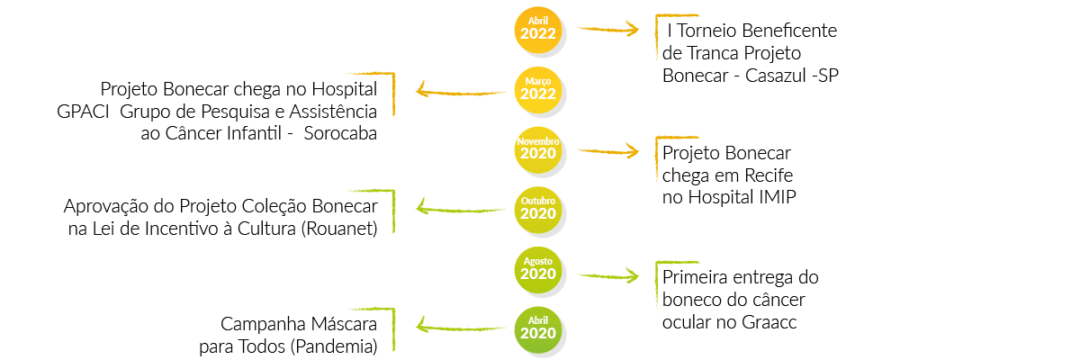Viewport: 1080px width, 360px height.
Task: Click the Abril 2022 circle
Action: click(537, 30)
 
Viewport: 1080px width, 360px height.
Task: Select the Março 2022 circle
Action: click(537, 90)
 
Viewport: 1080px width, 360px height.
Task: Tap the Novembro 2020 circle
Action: click(537, 150)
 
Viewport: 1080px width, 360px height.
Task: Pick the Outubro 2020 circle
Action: click(537, 210)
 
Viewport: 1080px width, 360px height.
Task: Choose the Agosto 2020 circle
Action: click(537, 270)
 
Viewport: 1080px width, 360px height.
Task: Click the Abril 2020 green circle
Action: click(537, 330)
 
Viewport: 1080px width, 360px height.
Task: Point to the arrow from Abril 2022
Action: click(608, 30)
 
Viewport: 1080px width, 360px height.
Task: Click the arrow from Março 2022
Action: click(461, 91)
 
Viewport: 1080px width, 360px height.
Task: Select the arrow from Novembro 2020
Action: click(608, 152)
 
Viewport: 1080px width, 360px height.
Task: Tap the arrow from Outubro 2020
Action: click(461, 209)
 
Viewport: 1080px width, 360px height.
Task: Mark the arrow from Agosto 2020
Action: click(608, 276)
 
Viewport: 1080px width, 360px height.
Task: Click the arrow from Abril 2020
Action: click(461, 327)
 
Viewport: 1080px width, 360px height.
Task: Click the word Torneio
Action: click(707, 31)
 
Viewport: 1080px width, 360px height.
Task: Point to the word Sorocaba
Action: click(340, 133)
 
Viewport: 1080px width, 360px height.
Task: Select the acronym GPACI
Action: click(83, 112)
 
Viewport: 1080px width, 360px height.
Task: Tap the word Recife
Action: click(769, 175)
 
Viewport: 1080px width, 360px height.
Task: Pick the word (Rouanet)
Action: click(339, 229)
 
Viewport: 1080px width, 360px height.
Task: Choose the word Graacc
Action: click(769, 322)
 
